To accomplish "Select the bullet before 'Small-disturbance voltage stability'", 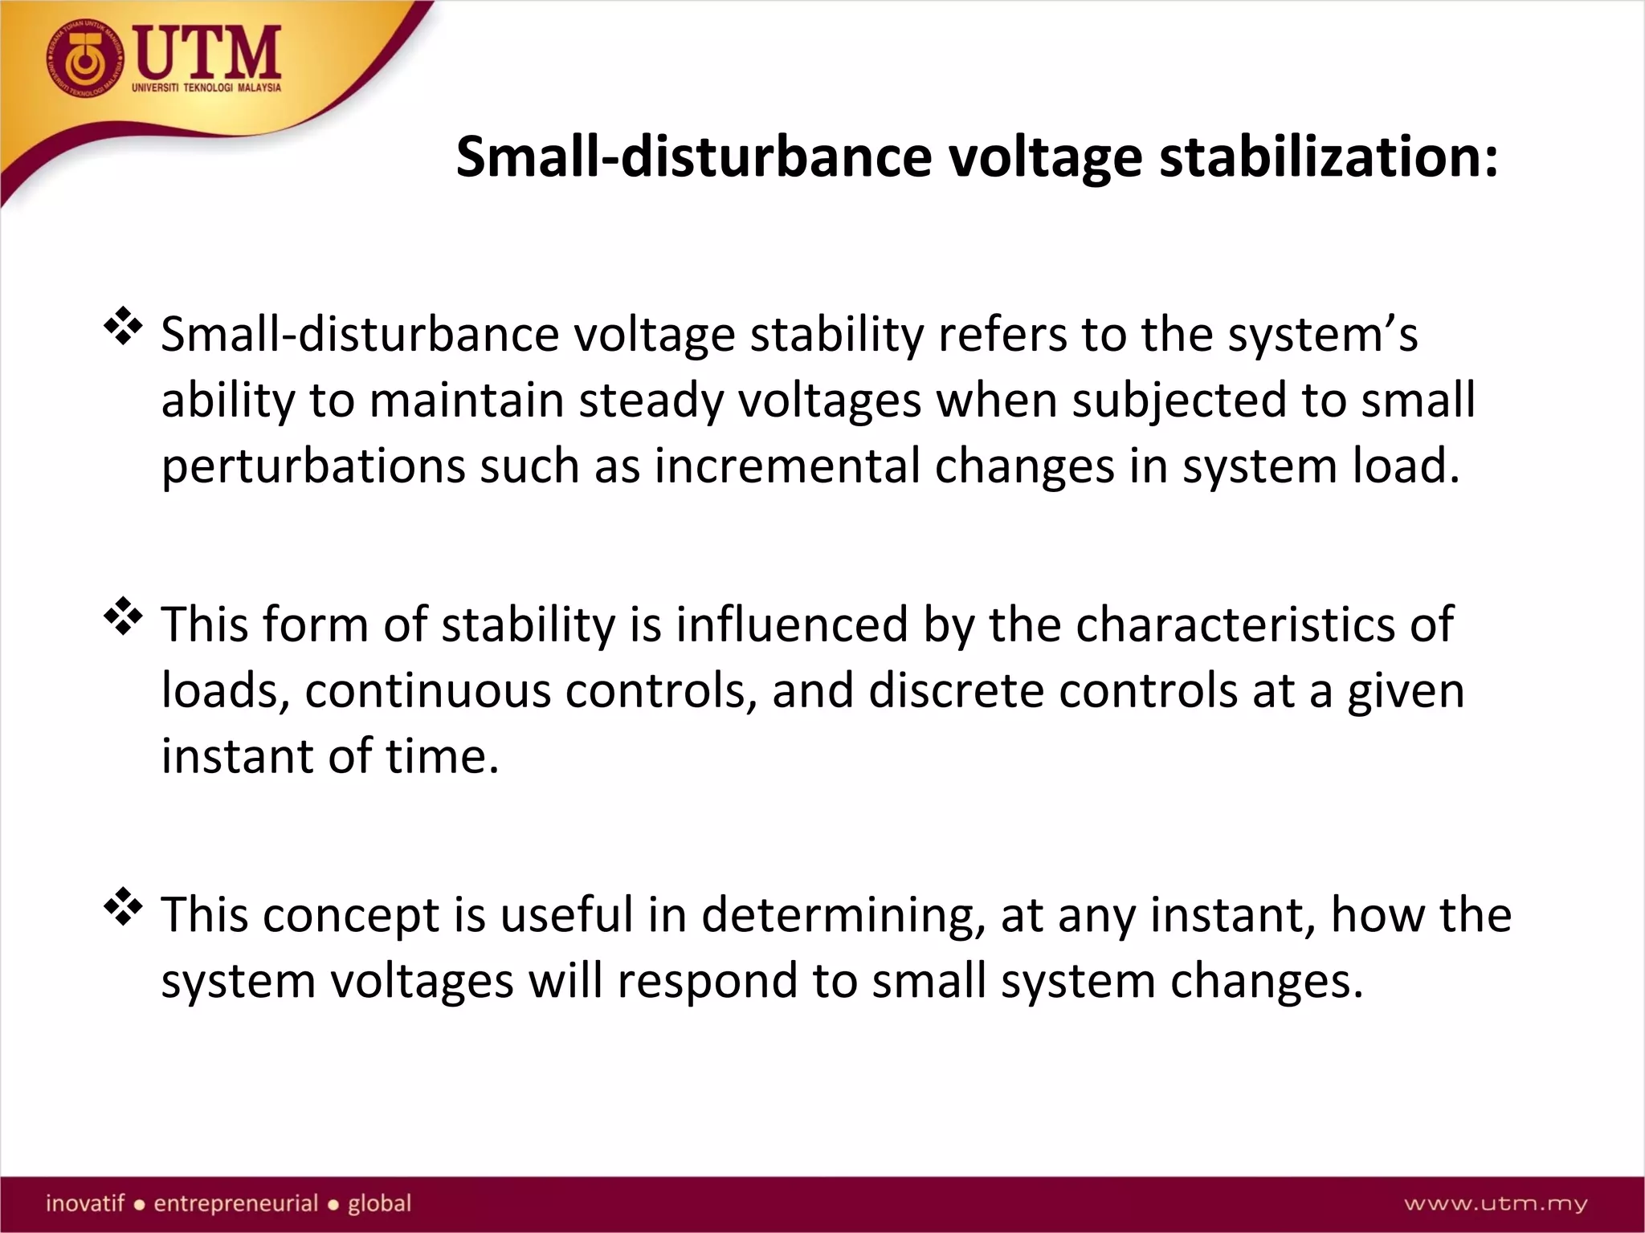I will [x=123, y=326].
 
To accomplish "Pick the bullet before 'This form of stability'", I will [x=123, y=616].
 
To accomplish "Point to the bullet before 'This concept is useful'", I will [x=123, y=907].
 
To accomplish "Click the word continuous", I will [x=427, y=690].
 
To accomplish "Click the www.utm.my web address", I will [x=1495, y=1203].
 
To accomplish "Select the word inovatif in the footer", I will [x=85, y=1203].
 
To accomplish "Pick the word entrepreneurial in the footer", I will [x=236, y=1203].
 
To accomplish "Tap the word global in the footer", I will [x=379, y=1203].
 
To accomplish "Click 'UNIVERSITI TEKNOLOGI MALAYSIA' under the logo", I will [x=206, y=87].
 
